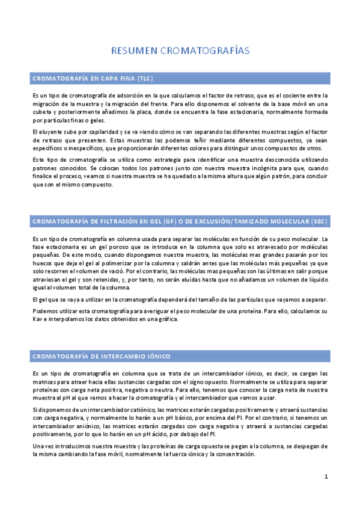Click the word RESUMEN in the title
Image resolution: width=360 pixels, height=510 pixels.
pyautogui.click(x=134, y=52)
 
